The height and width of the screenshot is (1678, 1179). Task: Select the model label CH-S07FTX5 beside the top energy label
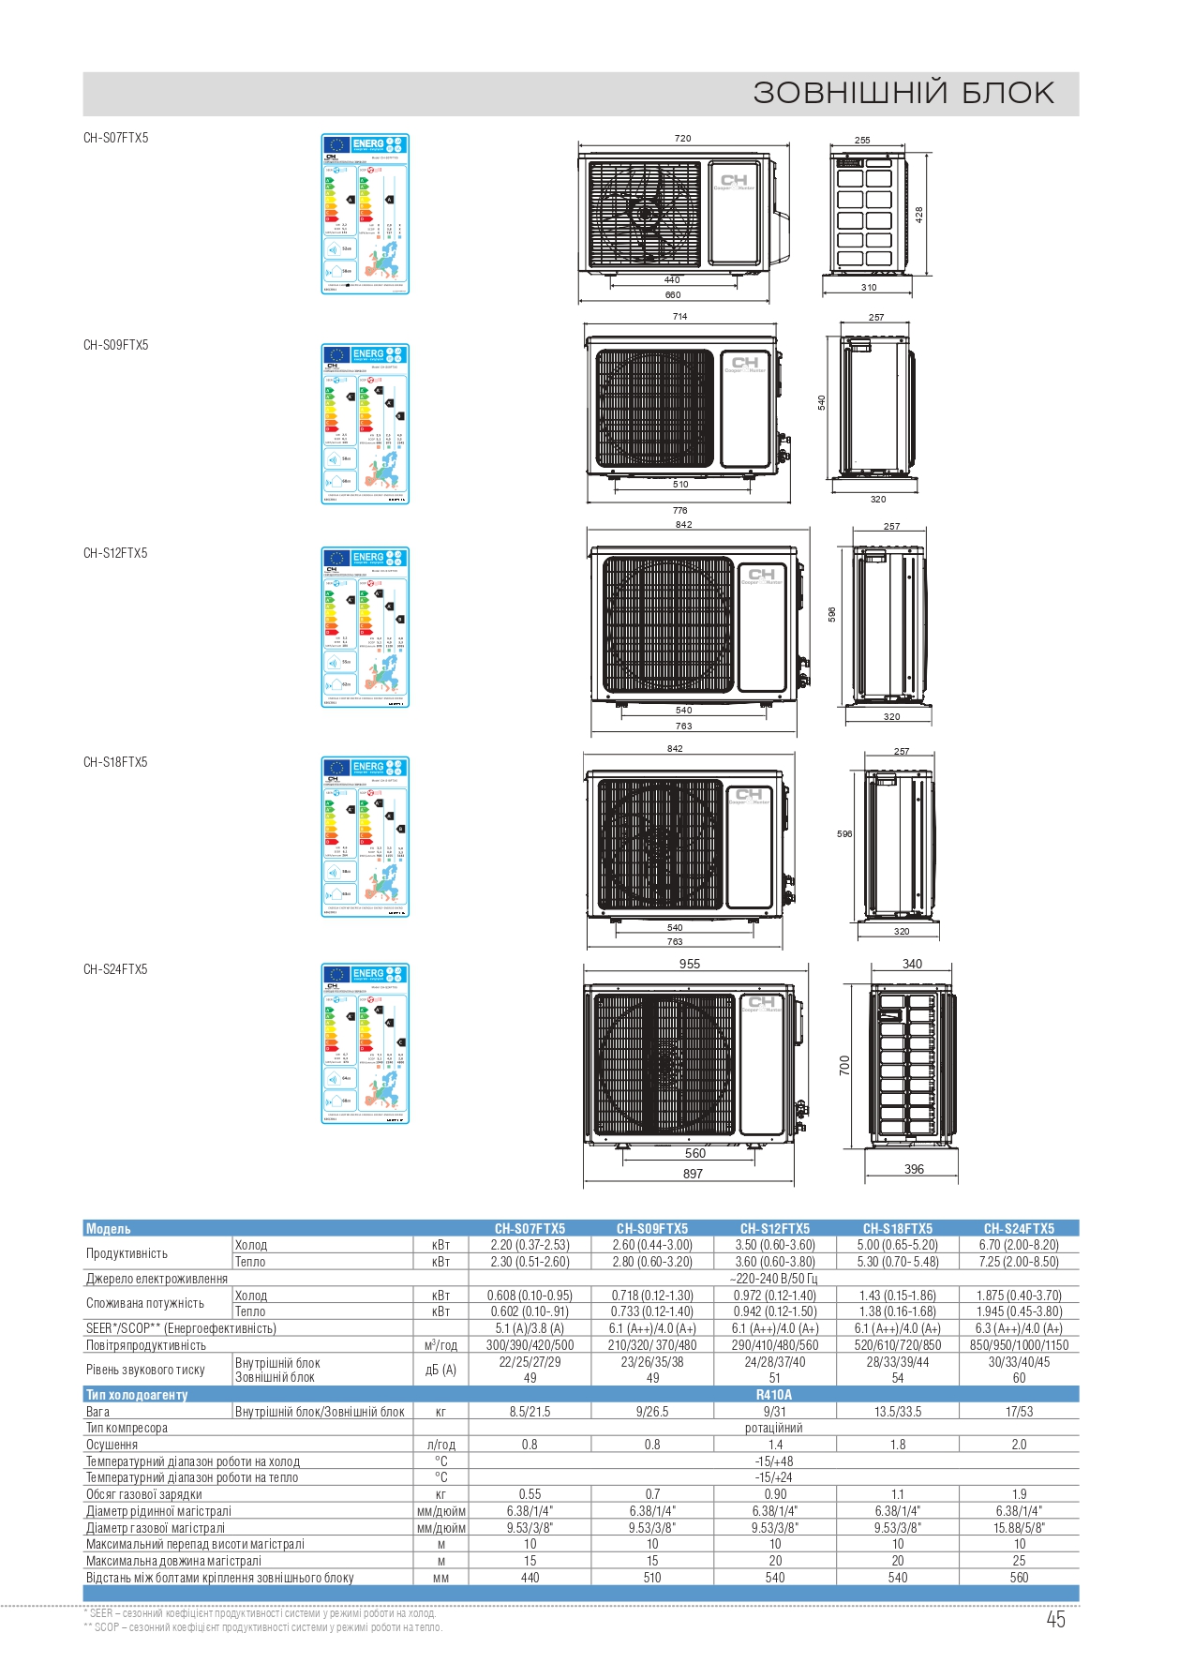(115, 138)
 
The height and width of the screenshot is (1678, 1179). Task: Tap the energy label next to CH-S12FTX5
(365, 627)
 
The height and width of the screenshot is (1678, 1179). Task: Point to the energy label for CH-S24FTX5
(365, 1043)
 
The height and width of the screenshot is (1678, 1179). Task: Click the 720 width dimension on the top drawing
(682, 139)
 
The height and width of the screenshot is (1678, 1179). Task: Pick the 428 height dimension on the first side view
(919, 214)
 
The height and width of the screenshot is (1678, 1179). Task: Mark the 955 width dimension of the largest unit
(690, 964)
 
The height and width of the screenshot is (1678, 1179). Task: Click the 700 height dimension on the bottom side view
(844, 1065)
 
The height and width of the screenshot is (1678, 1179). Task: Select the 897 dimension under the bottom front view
(693, 1174)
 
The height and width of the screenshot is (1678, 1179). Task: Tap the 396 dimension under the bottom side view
(914, 1169)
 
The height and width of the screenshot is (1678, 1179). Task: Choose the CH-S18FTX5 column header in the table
(897, 1228)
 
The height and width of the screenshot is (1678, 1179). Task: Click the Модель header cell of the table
(109, 1228)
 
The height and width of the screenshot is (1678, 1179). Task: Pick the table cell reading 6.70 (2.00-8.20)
(1019, 1245)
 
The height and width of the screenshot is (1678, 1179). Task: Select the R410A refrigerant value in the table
(774, 1395)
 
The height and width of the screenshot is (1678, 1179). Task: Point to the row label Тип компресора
(127, 1428)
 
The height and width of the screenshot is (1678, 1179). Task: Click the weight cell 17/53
(1019, 1412)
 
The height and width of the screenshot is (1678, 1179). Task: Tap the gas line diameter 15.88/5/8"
(1019, 1527)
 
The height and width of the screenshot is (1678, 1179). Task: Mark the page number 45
(1055, 1620)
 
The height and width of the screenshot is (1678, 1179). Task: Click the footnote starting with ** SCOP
(263, 1627)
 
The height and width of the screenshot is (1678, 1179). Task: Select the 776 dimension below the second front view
(679, 511)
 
